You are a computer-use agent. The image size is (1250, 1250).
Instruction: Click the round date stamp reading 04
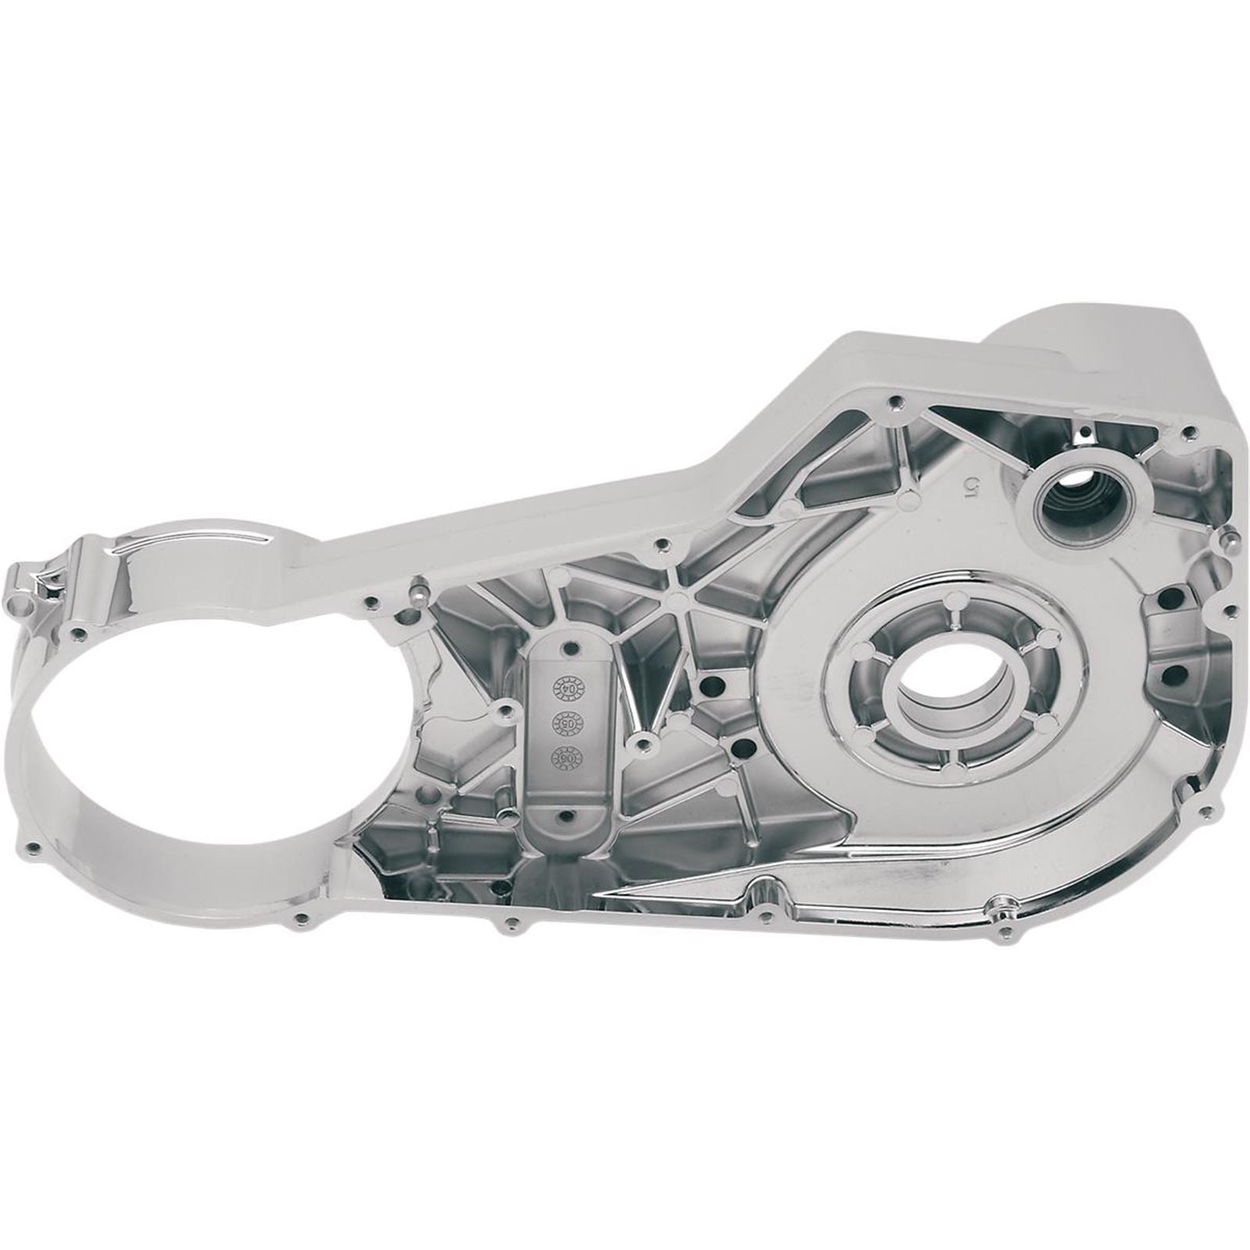point(564,687)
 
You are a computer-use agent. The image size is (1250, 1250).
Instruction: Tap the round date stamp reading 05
point(563,722)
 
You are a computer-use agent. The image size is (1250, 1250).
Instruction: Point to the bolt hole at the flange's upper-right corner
point(1188,431)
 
